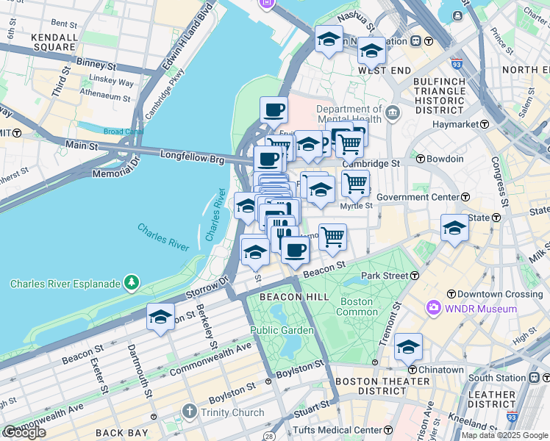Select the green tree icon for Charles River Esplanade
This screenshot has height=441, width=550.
pyautogui.click(x=131, y=282)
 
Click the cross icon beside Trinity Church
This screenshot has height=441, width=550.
pyautogui.click(x=189, y=412)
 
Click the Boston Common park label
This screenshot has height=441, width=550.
pyautogui.click(x=356, y=306)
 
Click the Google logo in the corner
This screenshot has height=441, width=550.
pyautogui.click(x=24, y=432)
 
